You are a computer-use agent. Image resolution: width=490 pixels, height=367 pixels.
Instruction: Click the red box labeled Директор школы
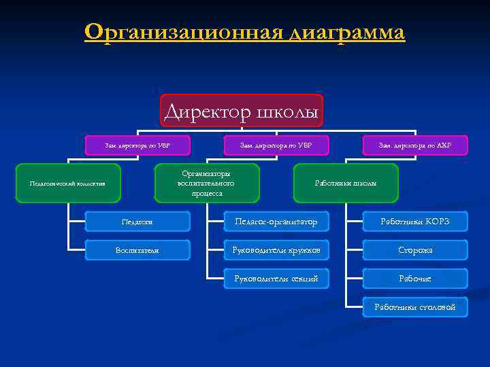pos(242,111)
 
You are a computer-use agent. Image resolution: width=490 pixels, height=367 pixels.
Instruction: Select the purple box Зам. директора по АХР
pos(414,145)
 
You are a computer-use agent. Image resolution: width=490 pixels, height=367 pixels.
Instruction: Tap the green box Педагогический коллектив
pos(67,183)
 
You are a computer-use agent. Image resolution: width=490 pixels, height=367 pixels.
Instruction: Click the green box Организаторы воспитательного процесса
pos(207,183)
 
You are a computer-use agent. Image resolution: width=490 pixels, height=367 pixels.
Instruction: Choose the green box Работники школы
pos(346,183)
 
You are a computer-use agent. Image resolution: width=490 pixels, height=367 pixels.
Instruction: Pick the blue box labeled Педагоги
pos(137,222)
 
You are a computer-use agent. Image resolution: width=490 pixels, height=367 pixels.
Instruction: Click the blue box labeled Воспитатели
pos(137,250)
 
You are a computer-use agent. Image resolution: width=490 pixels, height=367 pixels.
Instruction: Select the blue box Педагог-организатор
pos(276,222)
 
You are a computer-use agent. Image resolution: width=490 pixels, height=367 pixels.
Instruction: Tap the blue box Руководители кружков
pos(276,250)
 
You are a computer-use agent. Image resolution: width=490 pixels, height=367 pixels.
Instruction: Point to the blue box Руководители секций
pos(276,279)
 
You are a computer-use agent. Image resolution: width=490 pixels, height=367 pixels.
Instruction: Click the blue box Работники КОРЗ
pos(414,222)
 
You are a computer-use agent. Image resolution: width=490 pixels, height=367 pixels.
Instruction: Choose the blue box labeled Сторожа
pos(414,250)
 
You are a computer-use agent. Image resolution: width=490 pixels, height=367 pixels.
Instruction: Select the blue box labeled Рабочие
pos(414,279)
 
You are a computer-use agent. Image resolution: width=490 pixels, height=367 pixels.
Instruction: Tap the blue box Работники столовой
pos(414,307)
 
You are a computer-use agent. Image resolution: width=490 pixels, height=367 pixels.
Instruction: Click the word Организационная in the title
pos(184,32)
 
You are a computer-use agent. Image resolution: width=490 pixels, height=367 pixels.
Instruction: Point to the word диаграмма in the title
pos(347,32)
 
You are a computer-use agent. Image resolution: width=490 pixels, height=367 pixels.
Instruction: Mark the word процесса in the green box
pos(207,193)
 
